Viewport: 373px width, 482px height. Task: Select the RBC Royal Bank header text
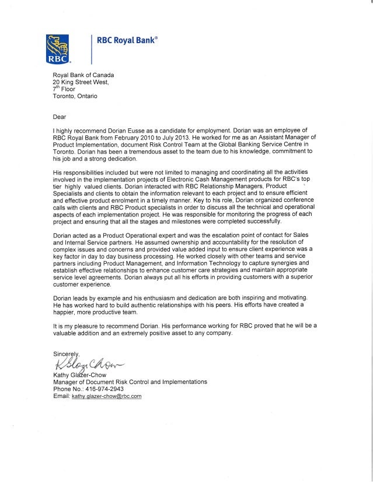click(x=130, y=40)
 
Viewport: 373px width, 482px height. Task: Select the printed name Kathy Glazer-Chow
click(x=79, y=375)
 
